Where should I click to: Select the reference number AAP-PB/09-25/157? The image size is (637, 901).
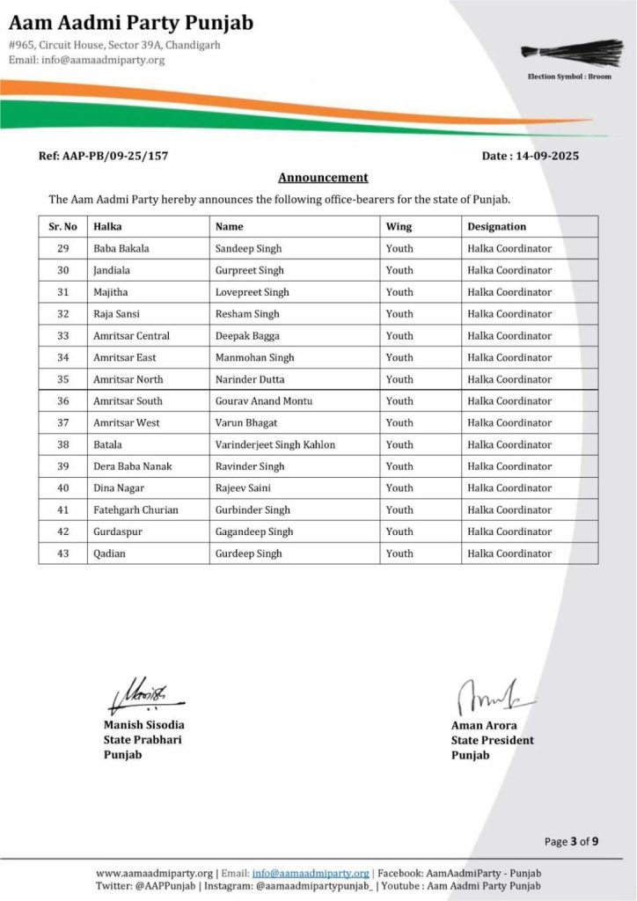104,156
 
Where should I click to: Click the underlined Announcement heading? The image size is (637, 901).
323,177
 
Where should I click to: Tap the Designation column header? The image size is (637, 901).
497,226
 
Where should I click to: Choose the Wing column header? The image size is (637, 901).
399,226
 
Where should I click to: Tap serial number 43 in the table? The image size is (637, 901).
62,553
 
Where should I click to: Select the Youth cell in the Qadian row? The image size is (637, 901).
399,553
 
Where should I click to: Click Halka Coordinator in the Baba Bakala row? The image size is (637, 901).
509,248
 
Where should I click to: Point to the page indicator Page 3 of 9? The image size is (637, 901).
572,841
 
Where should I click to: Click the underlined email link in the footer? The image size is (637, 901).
311,873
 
